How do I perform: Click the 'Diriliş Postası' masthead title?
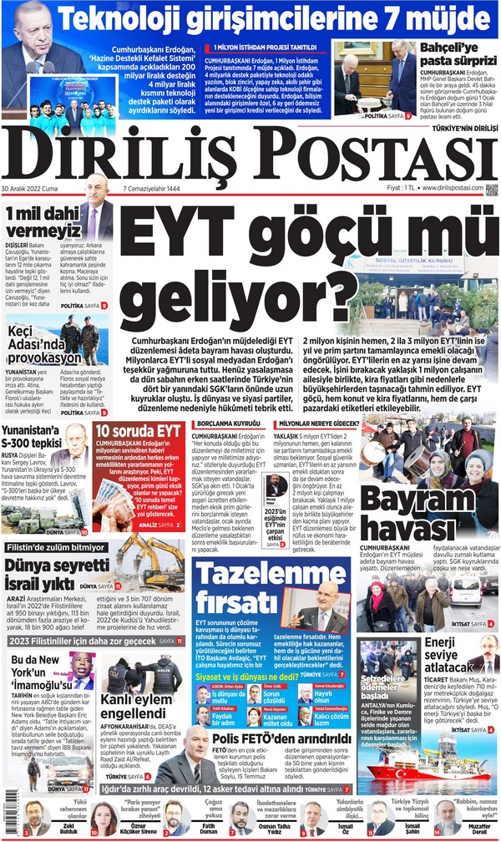click(250, 157)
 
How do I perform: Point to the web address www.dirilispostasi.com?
click(451, 188)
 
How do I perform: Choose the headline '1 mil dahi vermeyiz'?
click(42, 222)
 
